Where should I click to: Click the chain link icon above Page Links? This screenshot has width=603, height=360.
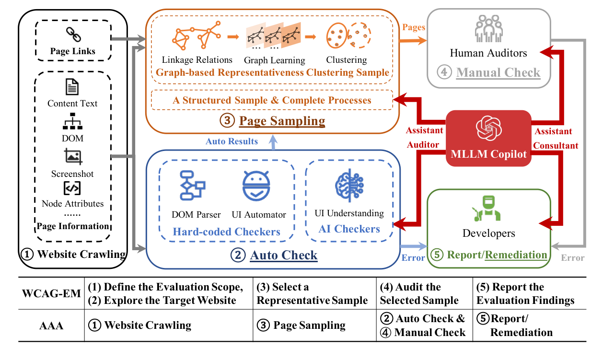pos(73,35)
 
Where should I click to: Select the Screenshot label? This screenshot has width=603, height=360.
pos(72,174)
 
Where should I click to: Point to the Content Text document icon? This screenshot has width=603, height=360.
pos(72,88)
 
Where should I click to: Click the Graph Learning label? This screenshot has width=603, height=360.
pos(274,60)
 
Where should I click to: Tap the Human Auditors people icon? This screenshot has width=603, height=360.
pos(488,30)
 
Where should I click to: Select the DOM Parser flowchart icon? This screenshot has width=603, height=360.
pos(192,185)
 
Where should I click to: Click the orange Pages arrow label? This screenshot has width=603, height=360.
pos(413,27)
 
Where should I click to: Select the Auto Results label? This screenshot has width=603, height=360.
pos(232,141)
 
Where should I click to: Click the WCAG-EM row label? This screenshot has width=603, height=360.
pos(51,293)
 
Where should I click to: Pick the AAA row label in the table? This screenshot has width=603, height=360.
pos(51,325)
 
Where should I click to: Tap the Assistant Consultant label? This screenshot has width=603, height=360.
pos(556,138)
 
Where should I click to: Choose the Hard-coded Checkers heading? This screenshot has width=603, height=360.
pos(226,232)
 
